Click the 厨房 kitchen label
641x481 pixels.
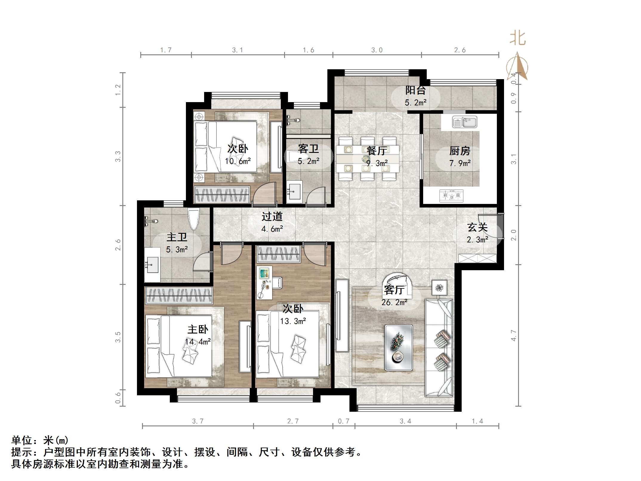click(460, 151)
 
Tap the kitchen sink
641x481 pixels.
click(465, 122)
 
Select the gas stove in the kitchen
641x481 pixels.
click(451, 196)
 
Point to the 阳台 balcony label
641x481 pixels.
click(415, 90)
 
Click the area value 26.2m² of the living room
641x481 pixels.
click(394, 302)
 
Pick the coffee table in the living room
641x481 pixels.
click(398, 348)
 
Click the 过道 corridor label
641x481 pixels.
click(272, 216)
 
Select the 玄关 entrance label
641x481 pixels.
click(477, 228)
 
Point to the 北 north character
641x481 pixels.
click(517, 39)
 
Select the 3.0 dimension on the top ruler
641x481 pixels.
click(377, 50)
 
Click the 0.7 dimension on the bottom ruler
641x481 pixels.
click(343, 421)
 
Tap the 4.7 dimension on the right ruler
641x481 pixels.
click(513, 335)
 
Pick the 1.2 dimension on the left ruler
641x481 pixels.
click(118, 90)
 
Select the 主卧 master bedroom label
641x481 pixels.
click(198, 329)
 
